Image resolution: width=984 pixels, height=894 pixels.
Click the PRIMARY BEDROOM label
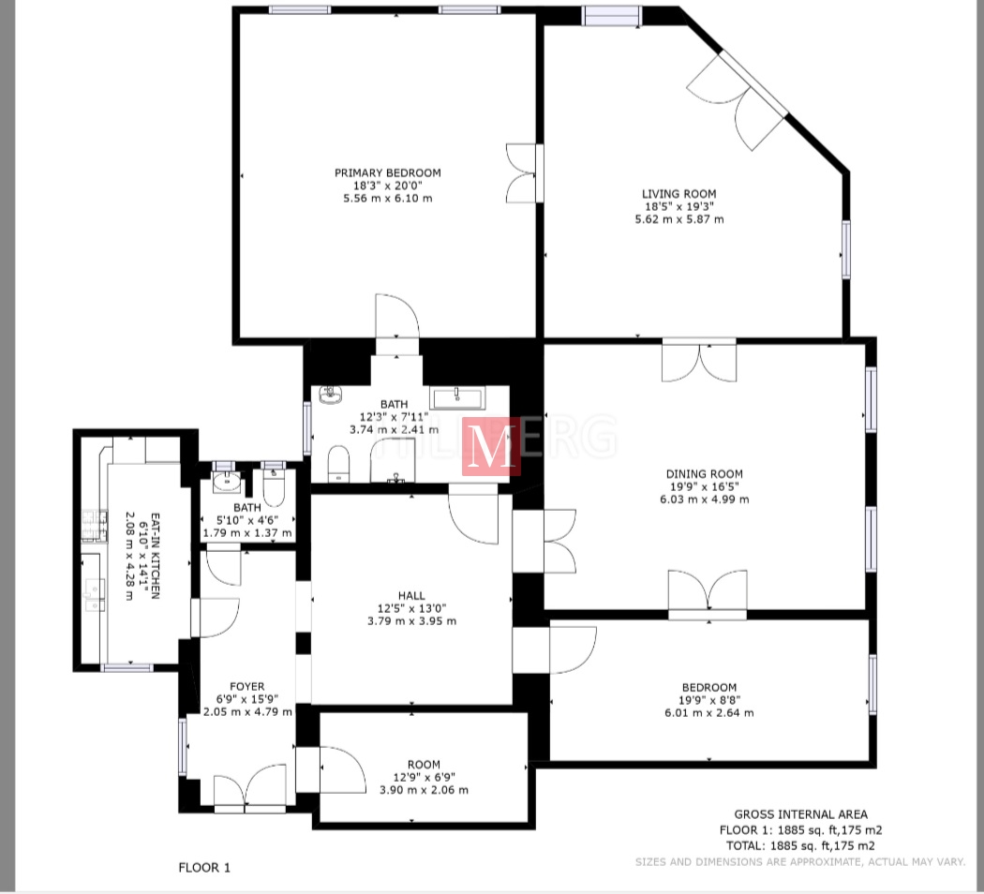387,172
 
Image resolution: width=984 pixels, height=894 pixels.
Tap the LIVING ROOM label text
679,194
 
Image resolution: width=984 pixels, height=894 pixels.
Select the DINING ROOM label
704,473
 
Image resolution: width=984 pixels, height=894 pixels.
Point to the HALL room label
411,595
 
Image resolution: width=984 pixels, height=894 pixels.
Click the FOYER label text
247,686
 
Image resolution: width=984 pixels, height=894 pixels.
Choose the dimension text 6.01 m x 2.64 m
709,713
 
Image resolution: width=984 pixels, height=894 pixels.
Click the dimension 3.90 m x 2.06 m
424,790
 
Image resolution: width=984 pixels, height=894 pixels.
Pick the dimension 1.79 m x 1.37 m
247,532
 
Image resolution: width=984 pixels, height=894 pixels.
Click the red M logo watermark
491,446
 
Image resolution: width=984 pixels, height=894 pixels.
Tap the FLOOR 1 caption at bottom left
204,868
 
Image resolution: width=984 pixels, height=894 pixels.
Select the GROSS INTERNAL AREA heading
800,814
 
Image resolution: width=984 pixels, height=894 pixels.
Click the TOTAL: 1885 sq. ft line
800,845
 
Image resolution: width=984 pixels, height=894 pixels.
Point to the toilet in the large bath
338,464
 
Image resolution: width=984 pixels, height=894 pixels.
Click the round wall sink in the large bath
330,395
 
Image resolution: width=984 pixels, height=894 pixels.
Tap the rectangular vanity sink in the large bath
457,397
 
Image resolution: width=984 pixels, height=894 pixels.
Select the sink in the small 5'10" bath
226,481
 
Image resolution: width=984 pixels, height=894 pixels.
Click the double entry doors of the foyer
250,787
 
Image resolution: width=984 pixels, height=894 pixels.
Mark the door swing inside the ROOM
343,769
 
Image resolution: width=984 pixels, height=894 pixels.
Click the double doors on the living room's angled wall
738,100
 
